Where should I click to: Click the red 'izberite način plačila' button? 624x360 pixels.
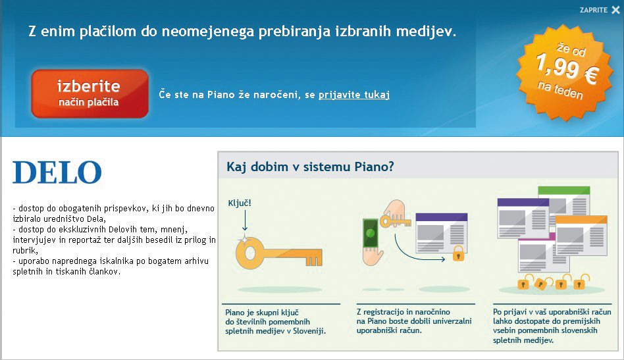(90, 93)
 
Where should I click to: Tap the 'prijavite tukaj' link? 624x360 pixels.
(353, 95)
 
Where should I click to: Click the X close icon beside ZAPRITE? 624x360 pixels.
(615, 10)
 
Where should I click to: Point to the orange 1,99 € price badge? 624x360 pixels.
(564, 72)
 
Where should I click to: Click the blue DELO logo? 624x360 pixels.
(57, 172)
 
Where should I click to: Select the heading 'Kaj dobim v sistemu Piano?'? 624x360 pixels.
(310, 167)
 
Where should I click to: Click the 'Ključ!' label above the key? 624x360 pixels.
(240, 203)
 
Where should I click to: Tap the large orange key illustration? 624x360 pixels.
(278, 253)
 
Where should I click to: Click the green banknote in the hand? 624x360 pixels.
(371, 233)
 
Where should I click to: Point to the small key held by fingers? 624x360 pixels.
(394, 220)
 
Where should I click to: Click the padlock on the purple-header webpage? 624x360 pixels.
(458, 253)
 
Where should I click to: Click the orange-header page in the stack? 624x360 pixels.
(581, 235)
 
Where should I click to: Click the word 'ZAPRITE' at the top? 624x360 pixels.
(593, 10)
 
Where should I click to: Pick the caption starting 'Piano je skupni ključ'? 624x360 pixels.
(275, 321)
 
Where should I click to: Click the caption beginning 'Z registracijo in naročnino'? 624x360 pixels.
(414, 321)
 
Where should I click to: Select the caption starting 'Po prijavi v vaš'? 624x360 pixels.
(552, 326)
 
